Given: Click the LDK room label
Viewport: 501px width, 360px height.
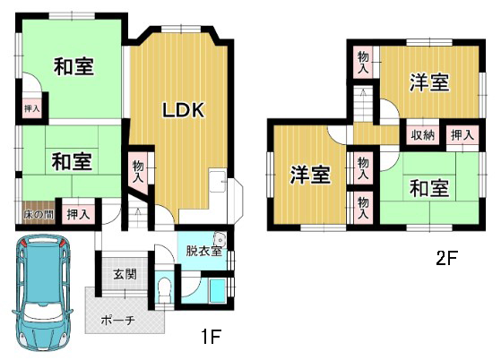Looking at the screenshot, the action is coord(184,110).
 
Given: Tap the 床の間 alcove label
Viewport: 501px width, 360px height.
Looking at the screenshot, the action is coord(39,214).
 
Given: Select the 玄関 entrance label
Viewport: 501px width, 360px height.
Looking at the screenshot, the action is coord(125,274).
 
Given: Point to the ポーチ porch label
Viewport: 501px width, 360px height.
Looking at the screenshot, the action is coord(118,320).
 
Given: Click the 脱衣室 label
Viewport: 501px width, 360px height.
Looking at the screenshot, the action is coord(203,251).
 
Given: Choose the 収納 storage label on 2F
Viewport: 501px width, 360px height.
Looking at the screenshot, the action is coord(423,135).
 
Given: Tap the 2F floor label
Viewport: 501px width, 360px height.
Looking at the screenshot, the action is coord(447,258).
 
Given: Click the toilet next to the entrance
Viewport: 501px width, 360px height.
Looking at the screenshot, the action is coord(165,289).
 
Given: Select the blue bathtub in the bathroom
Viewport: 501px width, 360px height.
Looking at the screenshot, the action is coord(218,290).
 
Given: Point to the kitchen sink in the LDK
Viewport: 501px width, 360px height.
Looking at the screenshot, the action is coord(218,180).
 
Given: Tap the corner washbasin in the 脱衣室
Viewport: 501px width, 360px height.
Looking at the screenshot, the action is coord(220,239).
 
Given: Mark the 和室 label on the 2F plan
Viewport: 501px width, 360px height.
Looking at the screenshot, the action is coord(429,188).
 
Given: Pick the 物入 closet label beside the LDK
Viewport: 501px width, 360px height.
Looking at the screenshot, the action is coord(138,172).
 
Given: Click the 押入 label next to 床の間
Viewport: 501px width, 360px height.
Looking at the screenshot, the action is coord(78,214).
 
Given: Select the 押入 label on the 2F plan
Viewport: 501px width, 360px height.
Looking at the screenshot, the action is coord(462,135).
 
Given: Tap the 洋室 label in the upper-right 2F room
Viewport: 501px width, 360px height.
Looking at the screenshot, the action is coord(429,82).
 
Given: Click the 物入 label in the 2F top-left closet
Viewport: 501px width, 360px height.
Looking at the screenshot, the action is coord(363,63).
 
